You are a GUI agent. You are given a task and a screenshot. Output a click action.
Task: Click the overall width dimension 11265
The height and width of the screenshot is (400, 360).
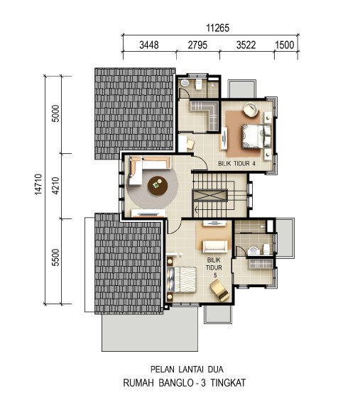pos(217,28)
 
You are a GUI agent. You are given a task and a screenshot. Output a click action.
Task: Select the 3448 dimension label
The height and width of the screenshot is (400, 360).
pos(149,45)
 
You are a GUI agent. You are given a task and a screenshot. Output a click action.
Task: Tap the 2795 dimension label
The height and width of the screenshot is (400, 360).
pos(197,45)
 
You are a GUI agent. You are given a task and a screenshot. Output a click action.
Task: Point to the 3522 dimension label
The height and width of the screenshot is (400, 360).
pos(246,45)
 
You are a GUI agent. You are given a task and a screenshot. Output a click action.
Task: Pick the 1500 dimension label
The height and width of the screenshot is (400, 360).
pos(285,45)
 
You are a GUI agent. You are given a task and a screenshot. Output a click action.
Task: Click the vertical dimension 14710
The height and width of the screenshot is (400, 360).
pos(38,184)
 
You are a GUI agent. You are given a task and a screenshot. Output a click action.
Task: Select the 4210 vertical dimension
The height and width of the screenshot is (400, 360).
pos(55,186)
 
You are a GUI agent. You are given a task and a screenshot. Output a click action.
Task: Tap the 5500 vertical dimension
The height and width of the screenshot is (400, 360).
pos(55,257)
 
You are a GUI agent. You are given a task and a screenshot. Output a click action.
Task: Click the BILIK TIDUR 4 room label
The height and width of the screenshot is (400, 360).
pos(236,164)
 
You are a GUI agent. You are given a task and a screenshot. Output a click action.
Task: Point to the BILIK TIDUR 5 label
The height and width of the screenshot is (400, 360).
pos(214,267)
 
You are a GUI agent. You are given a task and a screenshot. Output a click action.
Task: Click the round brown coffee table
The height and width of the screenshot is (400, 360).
pos(158,186)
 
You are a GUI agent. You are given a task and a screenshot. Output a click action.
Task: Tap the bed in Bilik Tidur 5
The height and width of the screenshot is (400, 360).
pos(181,279)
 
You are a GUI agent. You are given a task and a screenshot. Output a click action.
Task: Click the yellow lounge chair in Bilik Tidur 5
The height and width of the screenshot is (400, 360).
pos(219,290)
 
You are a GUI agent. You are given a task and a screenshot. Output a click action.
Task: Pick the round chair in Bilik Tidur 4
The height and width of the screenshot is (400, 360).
pos(251,110)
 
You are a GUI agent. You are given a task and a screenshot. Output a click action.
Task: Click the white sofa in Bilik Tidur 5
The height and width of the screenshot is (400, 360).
pos(215,246)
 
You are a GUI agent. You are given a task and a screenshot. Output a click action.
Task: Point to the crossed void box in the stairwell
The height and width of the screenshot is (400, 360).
pos(209,196)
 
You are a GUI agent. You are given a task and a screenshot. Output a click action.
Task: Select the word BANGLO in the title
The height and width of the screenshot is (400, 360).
pos(176,383)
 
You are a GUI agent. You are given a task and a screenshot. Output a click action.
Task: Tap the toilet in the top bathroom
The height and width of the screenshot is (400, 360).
pos(198,84)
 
